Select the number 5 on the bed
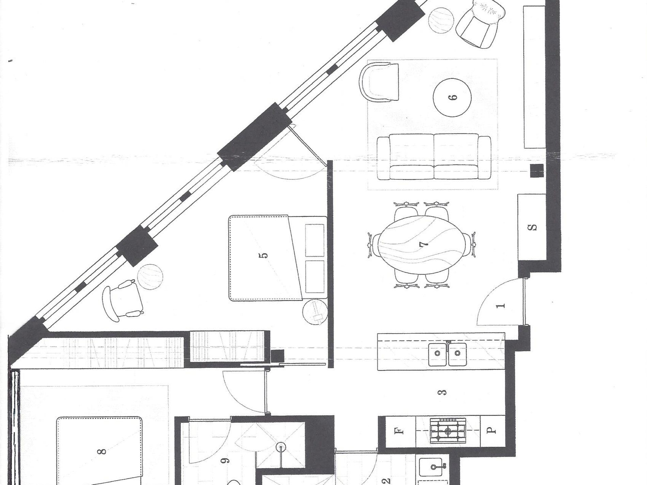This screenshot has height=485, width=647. [x=265, y=255]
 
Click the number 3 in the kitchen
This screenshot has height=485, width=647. [x=443, y=392]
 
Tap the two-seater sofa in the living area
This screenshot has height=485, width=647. [x=434, y=157]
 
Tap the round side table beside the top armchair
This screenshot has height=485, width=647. [x=441, y=20]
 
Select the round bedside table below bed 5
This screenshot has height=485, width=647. [x=315, y=312]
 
